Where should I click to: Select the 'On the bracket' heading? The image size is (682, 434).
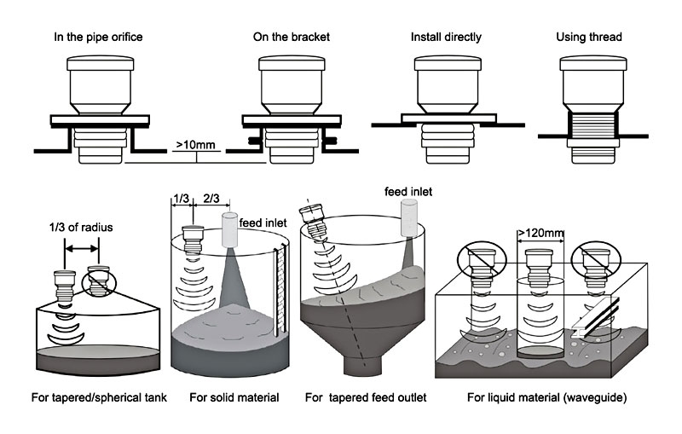(292, 38)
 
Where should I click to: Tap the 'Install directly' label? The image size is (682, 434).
(446, 38)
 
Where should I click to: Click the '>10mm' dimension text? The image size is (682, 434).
(195, 145)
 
